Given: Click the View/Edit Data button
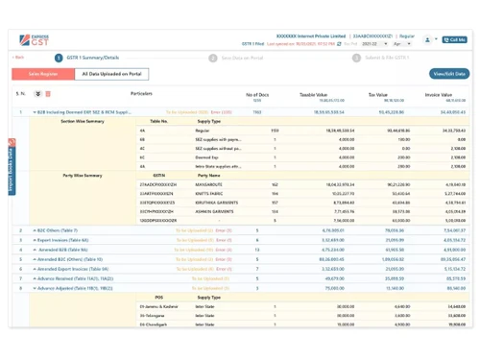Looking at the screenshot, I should point(449,73).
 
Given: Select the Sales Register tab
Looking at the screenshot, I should point(43,73).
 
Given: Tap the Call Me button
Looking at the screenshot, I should point(454,39).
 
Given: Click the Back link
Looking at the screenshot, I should point(18,58).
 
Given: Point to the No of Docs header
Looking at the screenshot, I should point(257,95).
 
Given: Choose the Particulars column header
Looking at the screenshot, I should point(142,93).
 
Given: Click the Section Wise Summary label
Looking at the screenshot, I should point(82,122).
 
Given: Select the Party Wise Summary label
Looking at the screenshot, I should point(83,175).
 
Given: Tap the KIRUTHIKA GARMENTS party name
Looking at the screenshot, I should point(217,203).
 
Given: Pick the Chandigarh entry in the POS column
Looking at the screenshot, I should point(156,324).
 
